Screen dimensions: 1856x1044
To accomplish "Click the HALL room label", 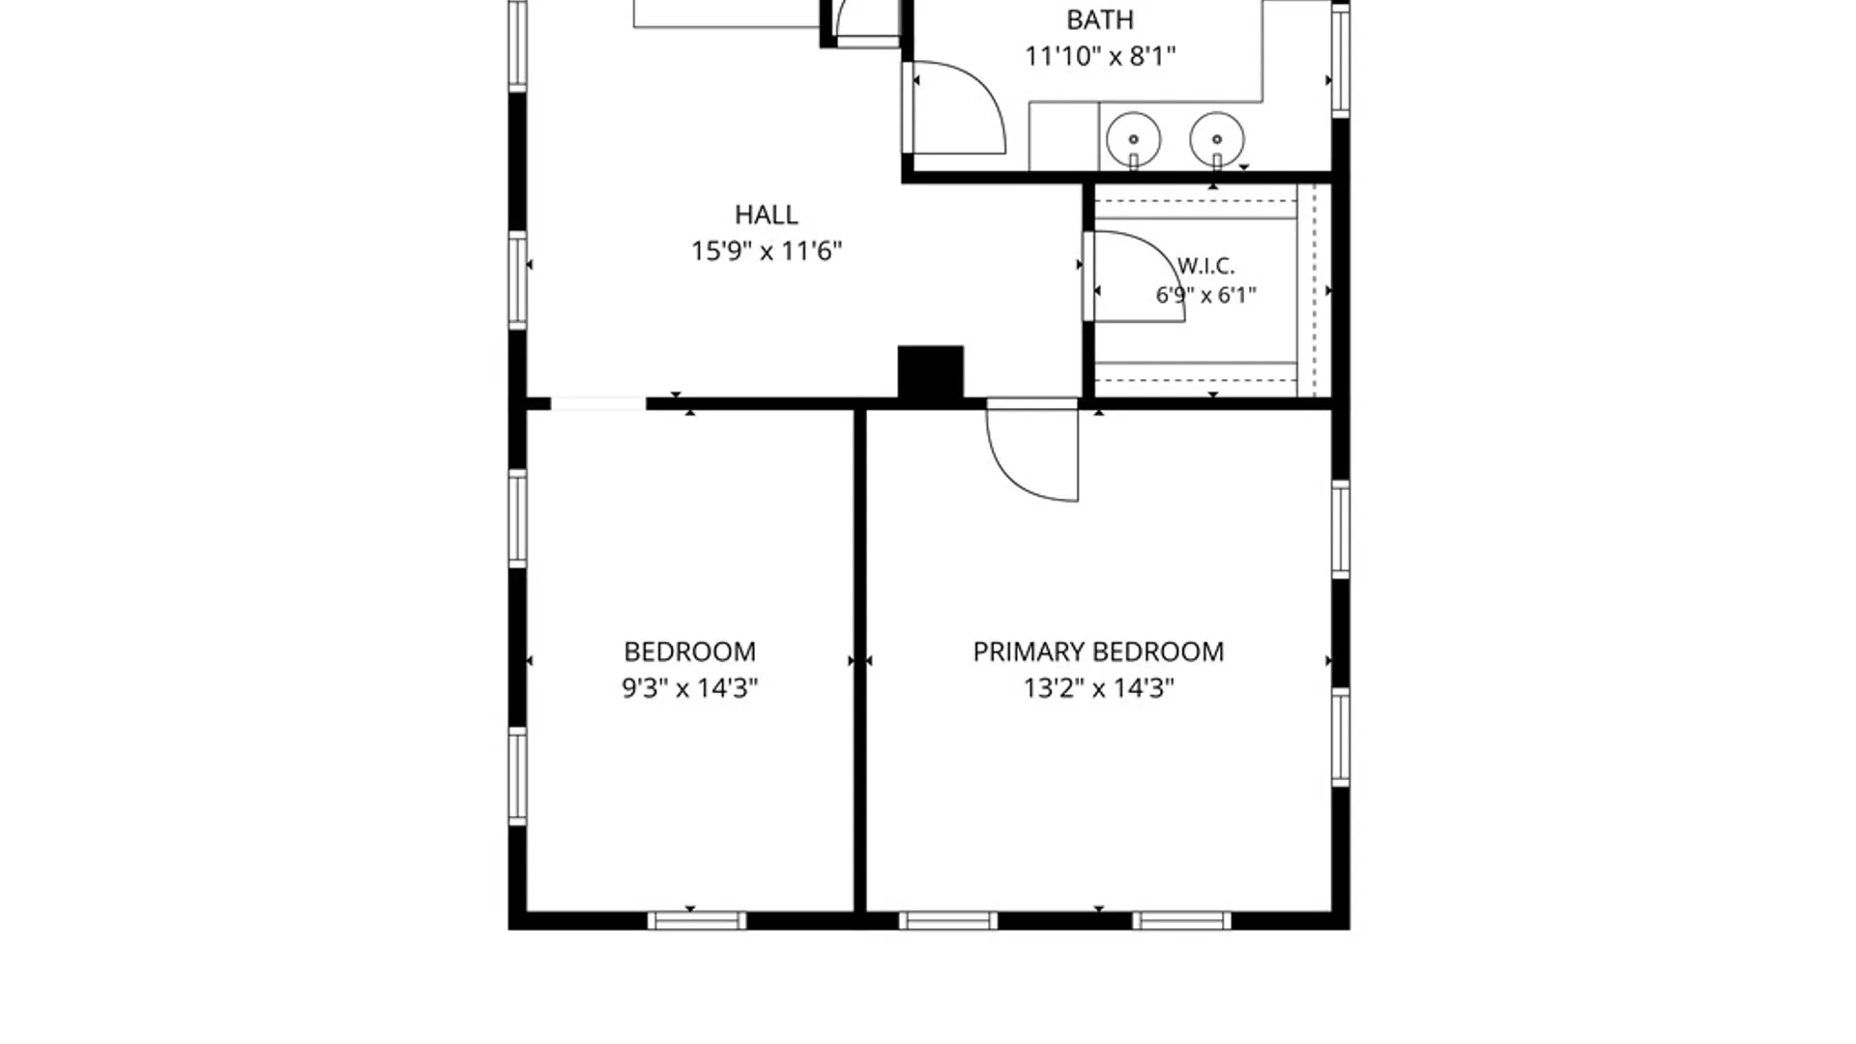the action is (x=766, y=215).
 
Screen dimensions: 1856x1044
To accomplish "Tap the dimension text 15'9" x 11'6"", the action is (x=766, y=251).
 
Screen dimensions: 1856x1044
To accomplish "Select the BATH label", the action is (x=1100, y=19).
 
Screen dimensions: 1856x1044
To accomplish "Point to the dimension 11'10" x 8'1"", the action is (x=1100, y=56).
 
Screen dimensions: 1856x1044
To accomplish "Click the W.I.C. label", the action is (x=1205, y=266).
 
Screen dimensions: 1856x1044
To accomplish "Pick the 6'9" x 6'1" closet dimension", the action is (x=1205, y=295).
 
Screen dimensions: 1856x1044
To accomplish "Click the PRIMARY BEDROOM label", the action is (x=1098, y=652).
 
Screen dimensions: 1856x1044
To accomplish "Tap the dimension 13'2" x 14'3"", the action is (x=1098, y=688).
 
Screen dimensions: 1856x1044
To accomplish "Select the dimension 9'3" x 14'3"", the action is (x=689, y=688).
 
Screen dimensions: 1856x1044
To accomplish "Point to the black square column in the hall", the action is (x=930, y=372).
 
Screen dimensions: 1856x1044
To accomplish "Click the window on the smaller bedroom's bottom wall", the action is (x=696, y=920).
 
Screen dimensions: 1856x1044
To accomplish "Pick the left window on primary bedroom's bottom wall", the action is (x=947, y=920).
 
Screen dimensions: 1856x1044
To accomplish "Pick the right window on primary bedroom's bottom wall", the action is (x=1181, y=920).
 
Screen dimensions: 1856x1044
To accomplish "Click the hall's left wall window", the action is (x=518, y=280).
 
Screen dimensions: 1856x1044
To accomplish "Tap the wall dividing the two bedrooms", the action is (x=859, y=660).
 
